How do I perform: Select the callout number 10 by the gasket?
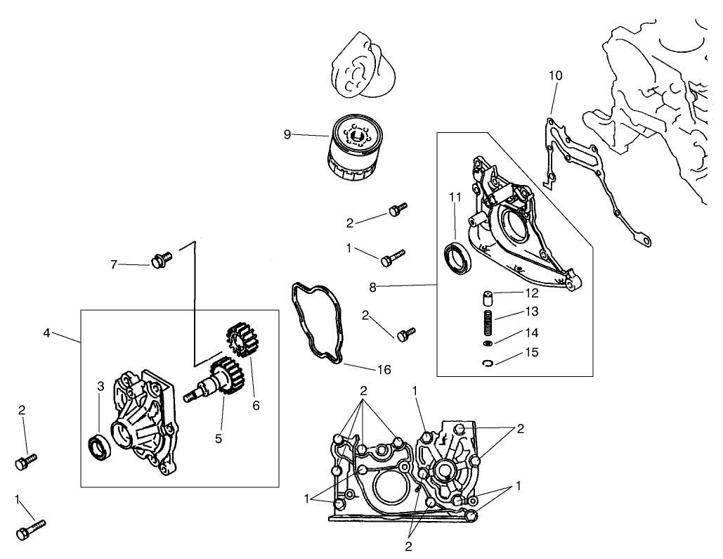pyautogui.click(x=555, y=75)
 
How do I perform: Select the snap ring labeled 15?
pyautogui.click(x=489, y=363)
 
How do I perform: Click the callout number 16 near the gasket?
pyautogui.click(x=384, y=369)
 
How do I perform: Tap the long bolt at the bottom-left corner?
pyautogui.click(x=31, y=529)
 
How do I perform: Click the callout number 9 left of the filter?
pyautogui.click(x=287, y=134)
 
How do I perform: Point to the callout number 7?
pyautogui.click(x=113, y=265)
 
